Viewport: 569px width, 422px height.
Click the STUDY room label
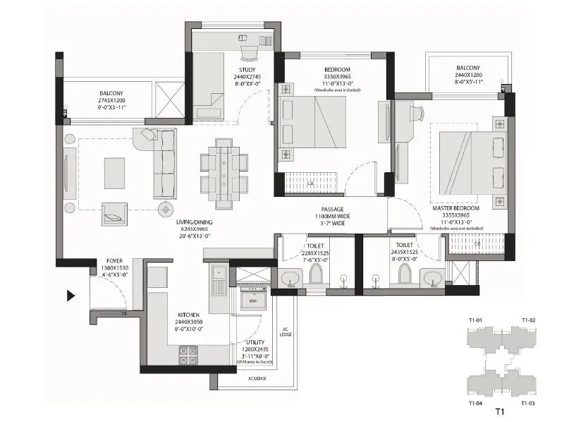pos(247,68)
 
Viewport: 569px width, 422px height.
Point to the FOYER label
pos(114,260)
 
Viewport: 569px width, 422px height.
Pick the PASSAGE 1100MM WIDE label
pos(331,210)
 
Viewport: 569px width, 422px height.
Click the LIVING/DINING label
pos(195,222)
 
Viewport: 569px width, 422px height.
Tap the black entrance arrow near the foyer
pos(71,296)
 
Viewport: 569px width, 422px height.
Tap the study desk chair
pos(249,52)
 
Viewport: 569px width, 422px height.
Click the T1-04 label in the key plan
pos(477,403)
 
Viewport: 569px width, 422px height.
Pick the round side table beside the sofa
pos(166,208)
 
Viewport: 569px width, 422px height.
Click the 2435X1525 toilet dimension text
pos(404,251)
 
